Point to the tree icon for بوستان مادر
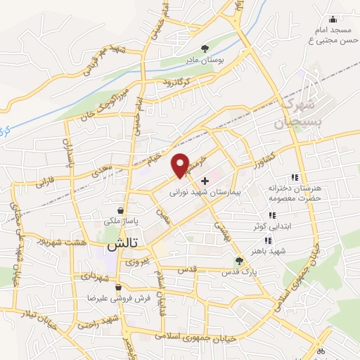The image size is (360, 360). tap(205, 49)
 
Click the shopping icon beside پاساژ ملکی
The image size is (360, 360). tap(122, 210)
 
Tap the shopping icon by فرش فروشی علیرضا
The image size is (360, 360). tap(119, 288)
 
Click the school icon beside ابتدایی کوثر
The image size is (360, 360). tap(271, 216)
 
